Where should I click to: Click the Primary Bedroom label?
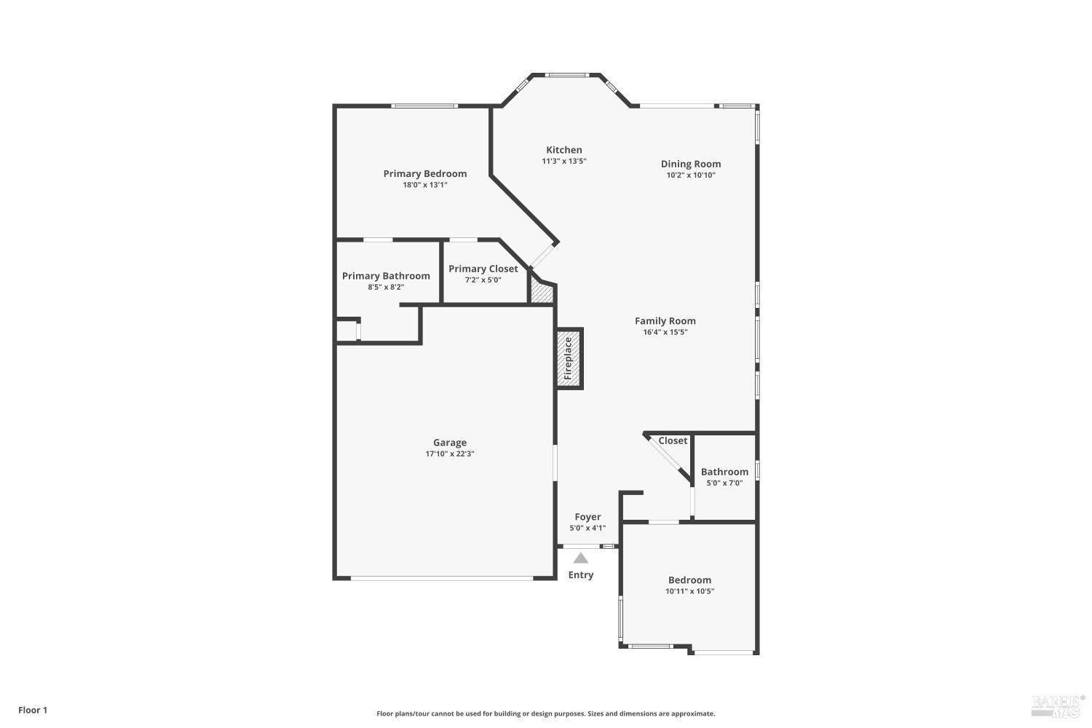[x=424, y=173]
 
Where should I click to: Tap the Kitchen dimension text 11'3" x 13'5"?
[x=563, y=162]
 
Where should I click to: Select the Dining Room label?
[x=690, y=164]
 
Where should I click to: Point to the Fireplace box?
[x=569, y=358]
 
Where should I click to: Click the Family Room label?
[x=665, y=320]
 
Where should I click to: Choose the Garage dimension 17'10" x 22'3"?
[x=449, y=454]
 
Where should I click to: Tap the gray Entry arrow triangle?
[x=580, y=558]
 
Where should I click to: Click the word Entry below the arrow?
[x=580, y=575]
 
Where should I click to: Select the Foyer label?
[x=587, y=517]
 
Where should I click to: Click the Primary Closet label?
[x=483, y=269]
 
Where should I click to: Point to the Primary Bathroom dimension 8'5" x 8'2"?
[x=385, y=288]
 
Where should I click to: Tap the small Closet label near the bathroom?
[x=672, y=440]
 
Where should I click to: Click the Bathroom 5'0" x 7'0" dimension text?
[x=724, y=483]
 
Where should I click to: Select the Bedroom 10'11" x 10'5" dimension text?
[x=689, y=592]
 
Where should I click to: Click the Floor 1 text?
[x=33, y=710]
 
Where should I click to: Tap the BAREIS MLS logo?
[x=1055, y=705]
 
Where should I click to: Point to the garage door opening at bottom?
[x=442, y=579]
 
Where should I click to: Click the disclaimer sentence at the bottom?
[x=545, y=714]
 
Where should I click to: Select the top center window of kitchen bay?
[x=566, y=74]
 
